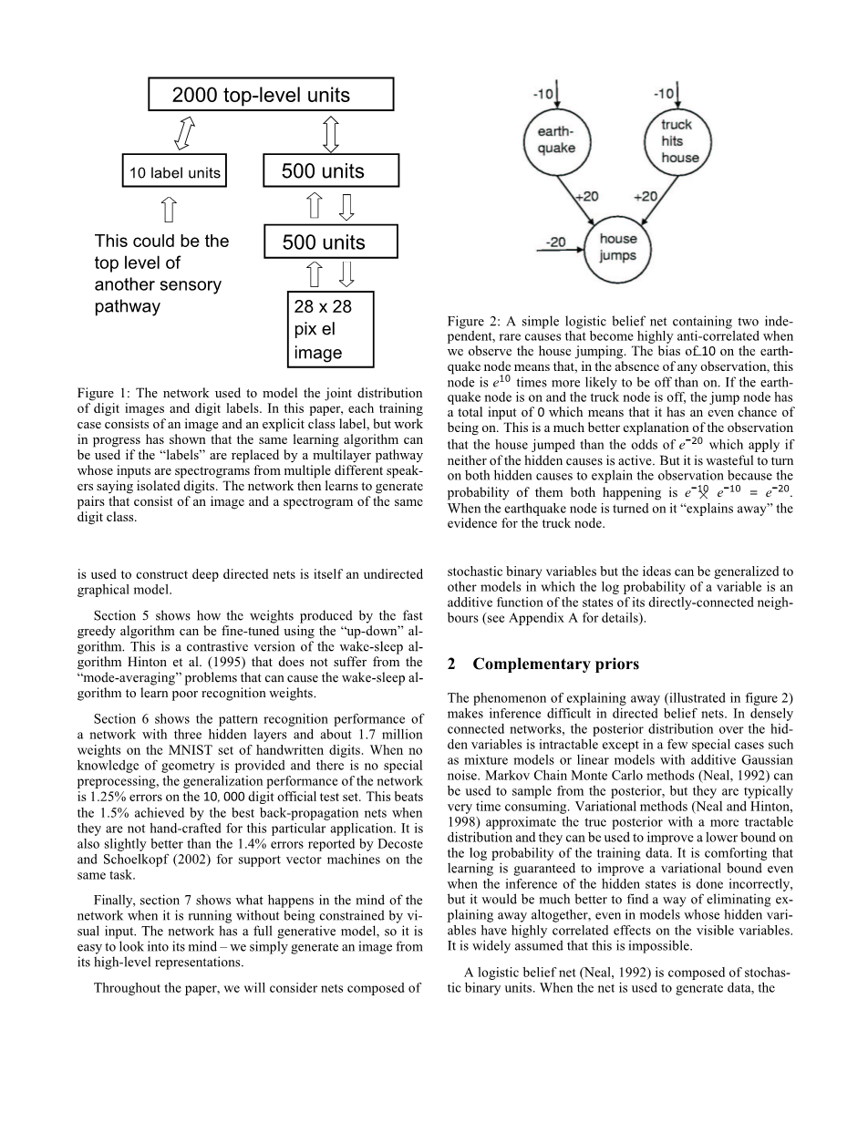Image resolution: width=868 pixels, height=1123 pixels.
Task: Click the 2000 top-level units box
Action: (271, 95)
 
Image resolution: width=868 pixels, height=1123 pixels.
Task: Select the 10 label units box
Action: (173, 171)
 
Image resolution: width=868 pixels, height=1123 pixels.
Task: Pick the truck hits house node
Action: (677, 139)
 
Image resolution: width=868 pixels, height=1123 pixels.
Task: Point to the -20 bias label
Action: (555, 242)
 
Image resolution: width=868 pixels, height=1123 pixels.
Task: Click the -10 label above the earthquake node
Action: (545, 93)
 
